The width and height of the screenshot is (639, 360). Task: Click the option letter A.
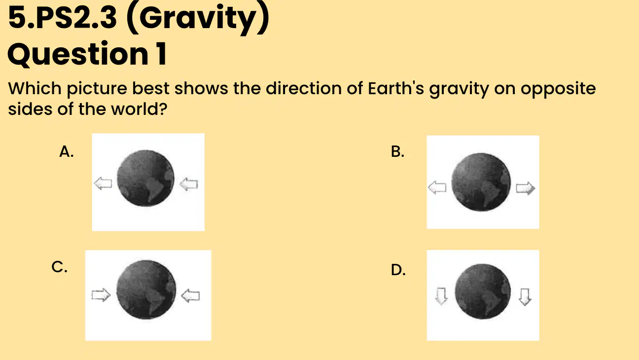(67, 151)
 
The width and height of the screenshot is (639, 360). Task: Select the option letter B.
(398, 151)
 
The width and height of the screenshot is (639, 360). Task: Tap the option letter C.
(59, 267)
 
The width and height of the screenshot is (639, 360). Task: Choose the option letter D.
(398, 270)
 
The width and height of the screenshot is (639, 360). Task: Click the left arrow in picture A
(103, 183)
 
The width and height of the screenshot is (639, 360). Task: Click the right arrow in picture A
(188, 184)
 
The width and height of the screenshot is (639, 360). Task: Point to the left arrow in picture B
(437, 187)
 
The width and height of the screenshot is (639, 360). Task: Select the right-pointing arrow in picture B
(526, 188)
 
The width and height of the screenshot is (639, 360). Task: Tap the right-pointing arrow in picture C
(101, 295)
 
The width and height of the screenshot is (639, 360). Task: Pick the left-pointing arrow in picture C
(190, 296)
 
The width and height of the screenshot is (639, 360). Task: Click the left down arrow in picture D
(441, 296)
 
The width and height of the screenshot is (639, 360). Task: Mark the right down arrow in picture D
(525, 297)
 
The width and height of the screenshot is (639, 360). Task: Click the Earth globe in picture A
(145, 178)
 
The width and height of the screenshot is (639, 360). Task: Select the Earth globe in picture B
(481, 182)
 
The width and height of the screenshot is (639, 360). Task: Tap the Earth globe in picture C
(146, 289)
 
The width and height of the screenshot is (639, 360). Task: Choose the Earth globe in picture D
(482, 291)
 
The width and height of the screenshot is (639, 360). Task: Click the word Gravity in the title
(198, 19)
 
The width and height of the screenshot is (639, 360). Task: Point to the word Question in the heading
(78, 54)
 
